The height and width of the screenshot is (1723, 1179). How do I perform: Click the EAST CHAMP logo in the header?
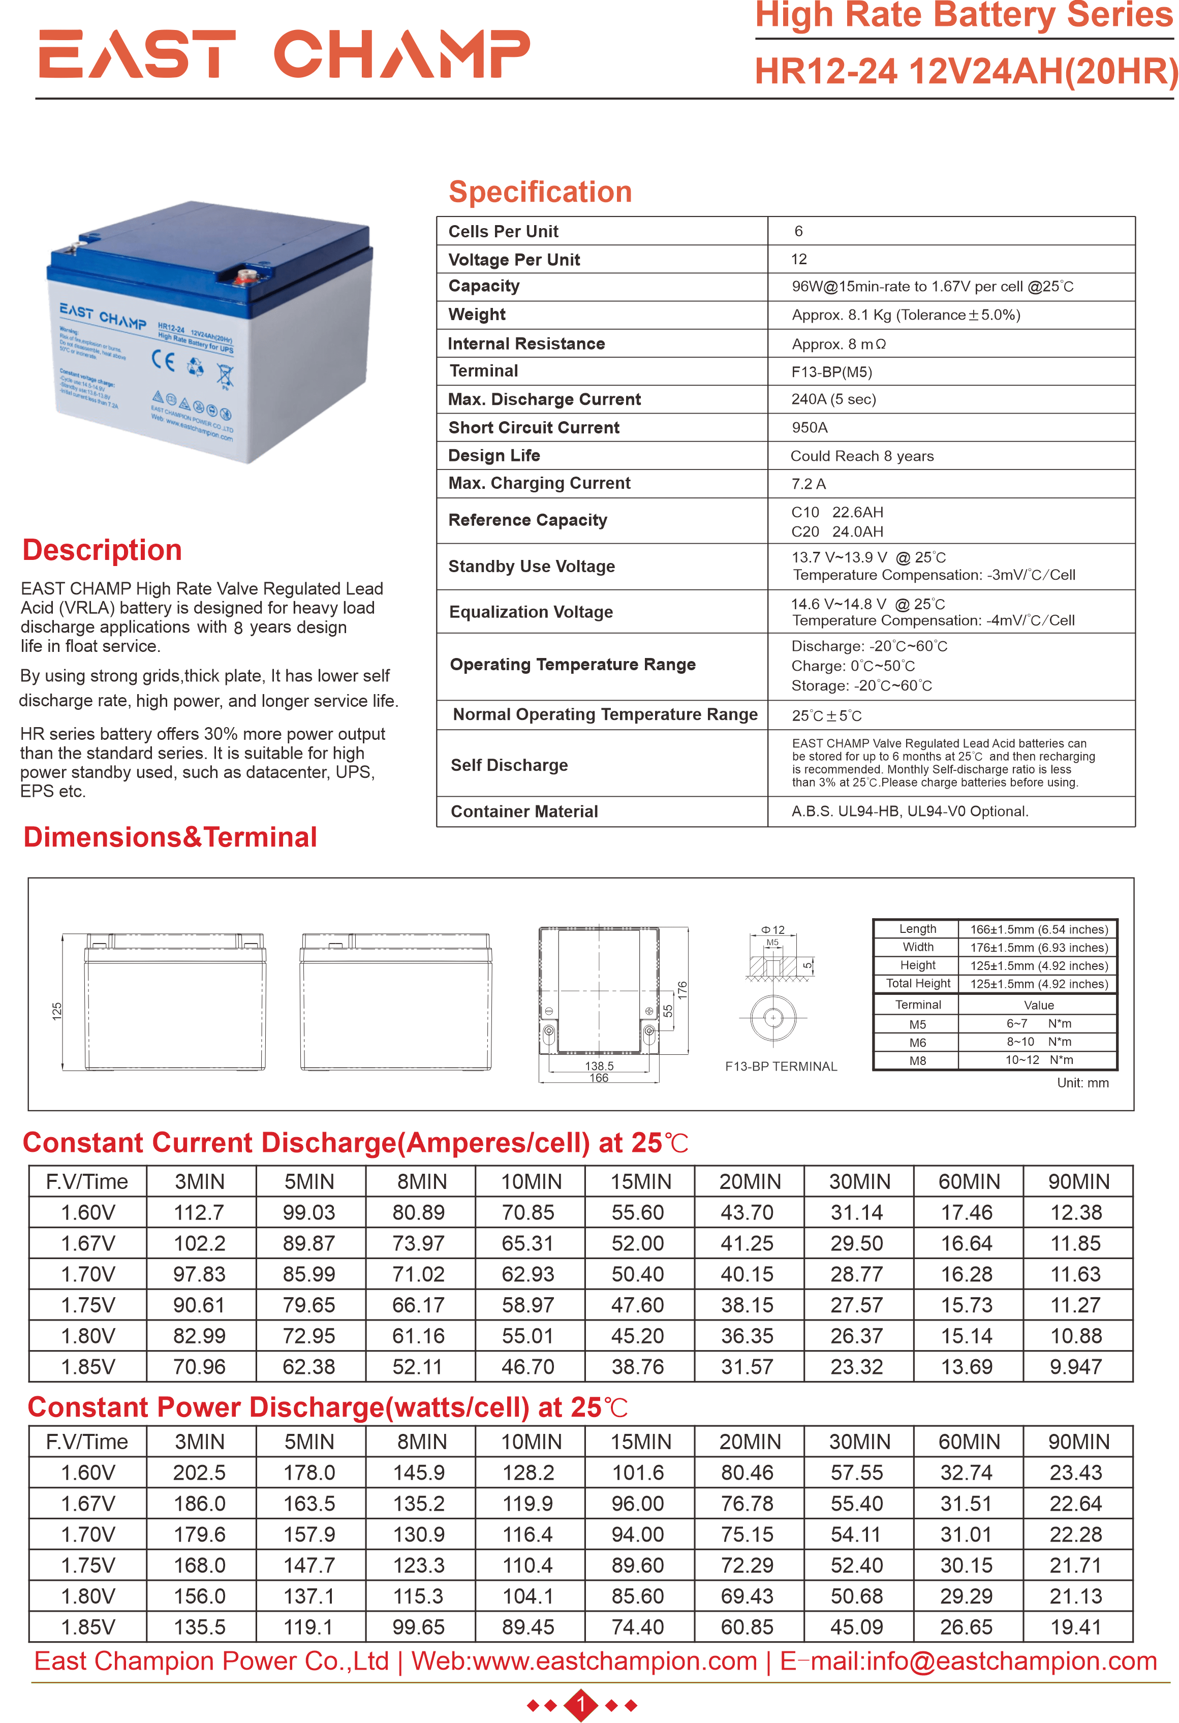(x=284, y=54)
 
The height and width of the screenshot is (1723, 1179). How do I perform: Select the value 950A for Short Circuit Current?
(x=809, y=428)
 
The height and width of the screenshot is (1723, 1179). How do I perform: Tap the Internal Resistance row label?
(x=526, y=344)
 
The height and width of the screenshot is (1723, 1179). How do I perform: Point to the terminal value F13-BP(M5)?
(x=831, y=372)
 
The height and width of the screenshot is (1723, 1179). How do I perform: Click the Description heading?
(x=102, y=550)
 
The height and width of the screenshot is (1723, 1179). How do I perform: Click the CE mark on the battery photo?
(x=163, y=360)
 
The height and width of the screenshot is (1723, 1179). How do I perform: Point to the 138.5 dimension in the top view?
(x=599, y=1066)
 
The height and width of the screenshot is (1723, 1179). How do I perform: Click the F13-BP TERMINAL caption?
(x=781, y=1066)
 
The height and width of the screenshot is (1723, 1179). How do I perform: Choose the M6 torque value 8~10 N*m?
(x=1038, y=1042)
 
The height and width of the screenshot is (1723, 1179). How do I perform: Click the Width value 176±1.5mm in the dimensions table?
(x=1038, y=948)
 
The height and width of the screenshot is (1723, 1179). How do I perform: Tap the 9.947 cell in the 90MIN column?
(x=1075, y=1366)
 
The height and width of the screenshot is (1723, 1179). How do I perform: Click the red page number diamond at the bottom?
(x=581, y=1705)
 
